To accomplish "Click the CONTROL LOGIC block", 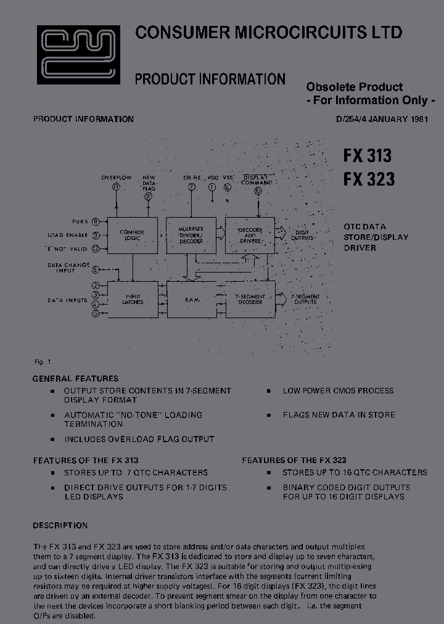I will (x=132, y=235).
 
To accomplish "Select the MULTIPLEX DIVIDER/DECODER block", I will (x=191, y=235).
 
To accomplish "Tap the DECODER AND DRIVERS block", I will (x=250, y=235).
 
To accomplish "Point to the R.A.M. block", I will (x=191, y=299).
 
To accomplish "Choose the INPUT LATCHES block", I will (x=132, y=299).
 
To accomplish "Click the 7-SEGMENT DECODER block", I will (x=250, y=299).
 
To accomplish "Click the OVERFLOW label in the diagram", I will (x=117, y=178).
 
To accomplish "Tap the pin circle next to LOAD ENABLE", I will (x=96, y=235).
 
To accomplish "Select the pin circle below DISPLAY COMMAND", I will (x=257, y=192).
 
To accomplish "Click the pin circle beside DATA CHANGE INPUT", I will (x=96, y=269).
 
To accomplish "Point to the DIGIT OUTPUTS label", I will (x=302, y=235).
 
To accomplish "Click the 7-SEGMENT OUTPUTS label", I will (x=305, y=299).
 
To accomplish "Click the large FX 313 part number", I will (x=368, y=155).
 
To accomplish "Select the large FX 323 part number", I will (x=368, y=179).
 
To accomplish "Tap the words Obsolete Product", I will (x=355, y=87).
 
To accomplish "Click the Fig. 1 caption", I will (x=43, y=362).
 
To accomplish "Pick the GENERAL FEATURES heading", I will (x=75, y=379).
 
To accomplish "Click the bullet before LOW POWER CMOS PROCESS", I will (x=269, y=391).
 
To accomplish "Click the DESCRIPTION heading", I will (x=60, y=526).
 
